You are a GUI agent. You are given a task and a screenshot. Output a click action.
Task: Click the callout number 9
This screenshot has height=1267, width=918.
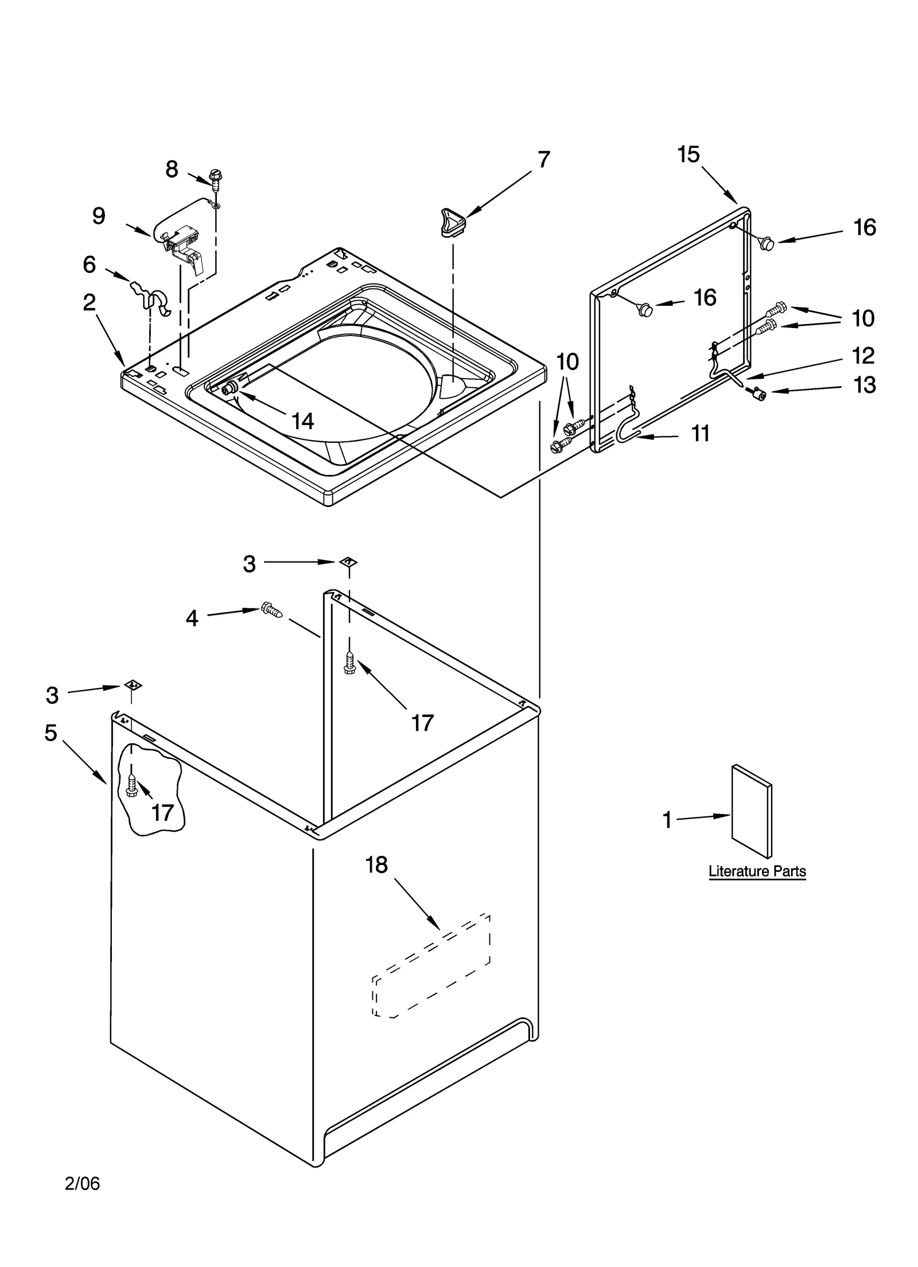click(99, 216)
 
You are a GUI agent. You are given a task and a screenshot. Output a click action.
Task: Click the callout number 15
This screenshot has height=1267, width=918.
click(688, 154)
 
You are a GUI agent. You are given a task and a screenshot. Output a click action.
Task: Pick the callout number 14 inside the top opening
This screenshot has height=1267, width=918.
click(302, 421)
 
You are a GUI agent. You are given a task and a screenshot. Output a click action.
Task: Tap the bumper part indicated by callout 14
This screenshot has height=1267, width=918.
click(229, 388)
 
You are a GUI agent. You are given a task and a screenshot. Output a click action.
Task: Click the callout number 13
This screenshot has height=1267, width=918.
click(864, 385)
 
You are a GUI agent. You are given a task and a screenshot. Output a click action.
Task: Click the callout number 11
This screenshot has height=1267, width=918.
click(700, 434)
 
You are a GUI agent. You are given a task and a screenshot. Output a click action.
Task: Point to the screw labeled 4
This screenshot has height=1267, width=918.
click(271, 611)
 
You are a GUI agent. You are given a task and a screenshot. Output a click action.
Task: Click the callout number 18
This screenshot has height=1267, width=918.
click(376, 864)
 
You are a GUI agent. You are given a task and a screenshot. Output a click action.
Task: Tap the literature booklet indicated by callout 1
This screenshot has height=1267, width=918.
click(751, 810)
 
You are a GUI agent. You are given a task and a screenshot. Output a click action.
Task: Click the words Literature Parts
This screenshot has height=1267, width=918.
click(757, 871)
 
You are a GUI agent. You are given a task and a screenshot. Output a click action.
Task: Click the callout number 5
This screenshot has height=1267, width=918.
click(51, 732)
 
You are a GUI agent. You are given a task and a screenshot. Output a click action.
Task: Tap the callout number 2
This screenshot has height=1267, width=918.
click(89, 302)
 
